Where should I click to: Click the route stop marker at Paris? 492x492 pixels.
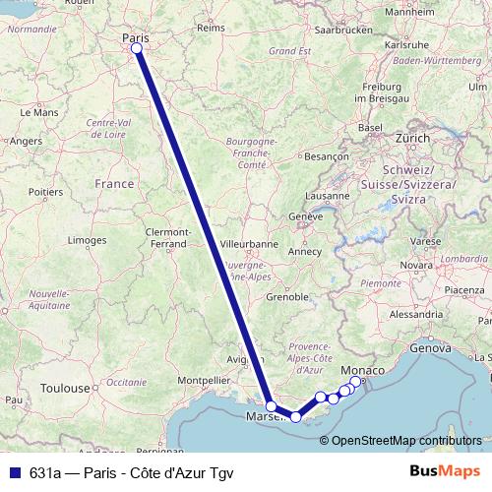pos(137,48)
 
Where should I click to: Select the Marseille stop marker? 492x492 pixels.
pos(271,405)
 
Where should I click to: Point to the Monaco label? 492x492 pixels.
pos(370,368)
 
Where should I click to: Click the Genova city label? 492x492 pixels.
pos(429,347)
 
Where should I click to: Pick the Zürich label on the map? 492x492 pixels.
pos(410,139)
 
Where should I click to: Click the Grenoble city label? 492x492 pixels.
pos(286,295)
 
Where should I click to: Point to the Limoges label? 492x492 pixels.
pos(87,240)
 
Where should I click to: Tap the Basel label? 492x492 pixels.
pos(369,128)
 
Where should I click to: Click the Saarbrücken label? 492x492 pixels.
pos(344,31)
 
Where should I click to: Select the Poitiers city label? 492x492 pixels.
pos(45,192)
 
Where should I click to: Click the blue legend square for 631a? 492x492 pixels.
pos(10,471)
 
